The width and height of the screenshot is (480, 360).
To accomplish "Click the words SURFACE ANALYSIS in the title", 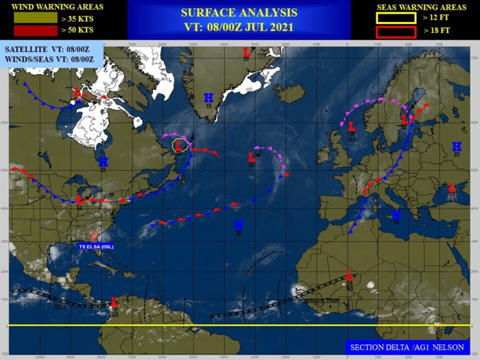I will click(x=239, y=13).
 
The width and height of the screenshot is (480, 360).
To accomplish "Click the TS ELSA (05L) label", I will click(x=95, y=245).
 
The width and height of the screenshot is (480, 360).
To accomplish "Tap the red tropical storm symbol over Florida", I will click(x=93, y=236).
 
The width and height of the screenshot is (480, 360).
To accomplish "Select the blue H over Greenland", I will click(x=208, y=97).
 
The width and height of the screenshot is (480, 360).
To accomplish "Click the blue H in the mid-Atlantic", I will click(x=238, y=224).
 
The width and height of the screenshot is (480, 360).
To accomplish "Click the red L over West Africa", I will click(x=349, y=274).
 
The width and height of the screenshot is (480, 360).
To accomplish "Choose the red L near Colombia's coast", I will click(x=115, y=301).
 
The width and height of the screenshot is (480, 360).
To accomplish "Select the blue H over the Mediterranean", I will click(x=396, y=215).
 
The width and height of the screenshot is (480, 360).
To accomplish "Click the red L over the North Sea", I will click(x=351, y=126).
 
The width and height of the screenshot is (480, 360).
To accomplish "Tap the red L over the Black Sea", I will click(x=452, y=188).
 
